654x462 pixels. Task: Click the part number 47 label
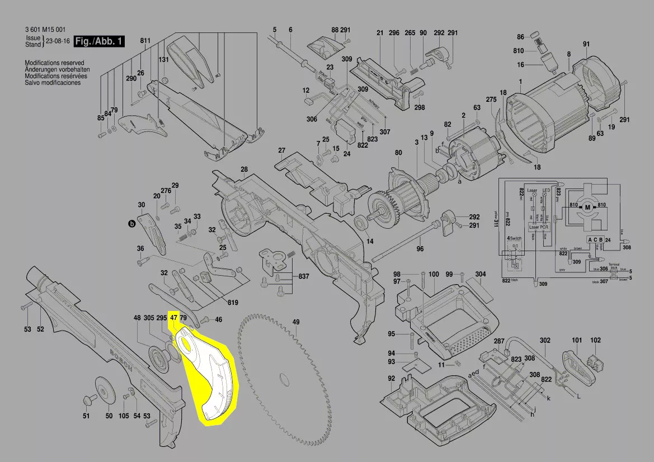click(173, 318)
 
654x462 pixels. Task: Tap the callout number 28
click(244, 169)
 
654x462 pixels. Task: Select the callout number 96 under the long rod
click(420, 249)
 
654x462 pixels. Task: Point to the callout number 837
click(304, 277)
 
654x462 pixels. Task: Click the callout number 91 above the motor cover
click(586, 44)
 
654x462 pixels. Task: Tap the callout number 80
click(398, 153)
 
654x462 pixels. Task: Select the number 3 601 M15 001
click(46, 30)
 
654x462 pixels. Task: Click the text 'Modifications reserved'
click(54, 63)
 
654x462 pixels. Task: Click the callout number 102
click(595, 340)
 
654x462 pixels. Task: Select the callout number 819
click(233, 303)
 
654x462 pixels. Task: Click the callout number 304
click(481, 274)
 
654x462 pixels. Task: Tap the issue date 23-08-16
click(58, 41)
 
